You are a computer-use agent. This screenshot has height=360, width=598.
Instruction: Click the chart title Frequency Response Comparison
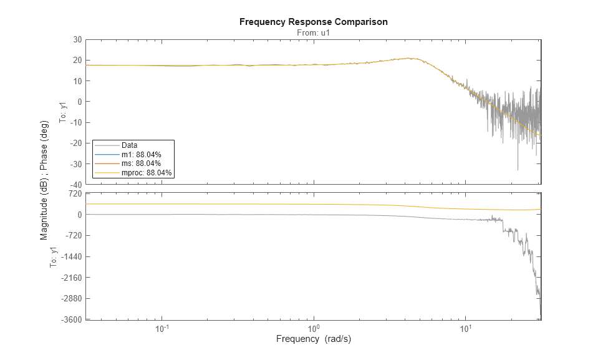pos(313,22)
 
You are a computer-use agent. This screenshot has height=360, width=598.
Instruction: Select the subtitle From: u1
pos(313,32)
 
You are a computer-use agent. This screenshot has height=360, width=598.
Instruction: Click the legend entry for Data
pos(130,145)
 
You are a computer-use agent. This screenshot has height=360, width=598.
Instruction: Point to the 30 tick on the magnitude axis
pos(77,39)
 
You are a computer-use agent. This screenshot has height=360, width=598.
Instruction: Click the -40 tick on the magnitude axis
pos(76,185)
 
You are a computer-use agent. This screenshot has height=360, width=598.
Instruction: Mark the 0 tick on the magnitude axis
pos(80,102)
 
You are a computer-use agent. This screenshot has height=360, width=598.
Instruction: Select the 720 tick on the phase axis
pos(75,194)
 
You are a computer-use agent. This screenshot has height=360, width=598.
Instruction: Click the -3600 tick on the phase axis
pos(72,319)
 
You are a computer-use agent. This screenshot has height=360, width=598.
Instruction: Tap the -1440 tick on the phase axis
pos(72,256)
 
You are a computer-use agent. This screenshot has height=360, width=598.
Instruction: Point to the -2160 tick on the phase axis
pos(72,278)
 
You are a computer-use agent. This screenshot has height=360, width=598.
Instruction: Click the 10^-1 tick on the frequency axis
pos(163,329)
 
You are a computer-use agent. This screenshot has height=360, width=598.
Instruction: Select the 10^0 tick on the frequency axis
pos(314,329)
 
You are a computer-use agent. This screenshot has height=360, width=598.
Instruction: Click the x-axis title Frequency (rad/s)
pos(313,339)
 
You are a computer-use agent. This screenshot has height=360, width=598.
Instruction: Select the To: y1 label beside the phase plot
pos(54,256)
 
